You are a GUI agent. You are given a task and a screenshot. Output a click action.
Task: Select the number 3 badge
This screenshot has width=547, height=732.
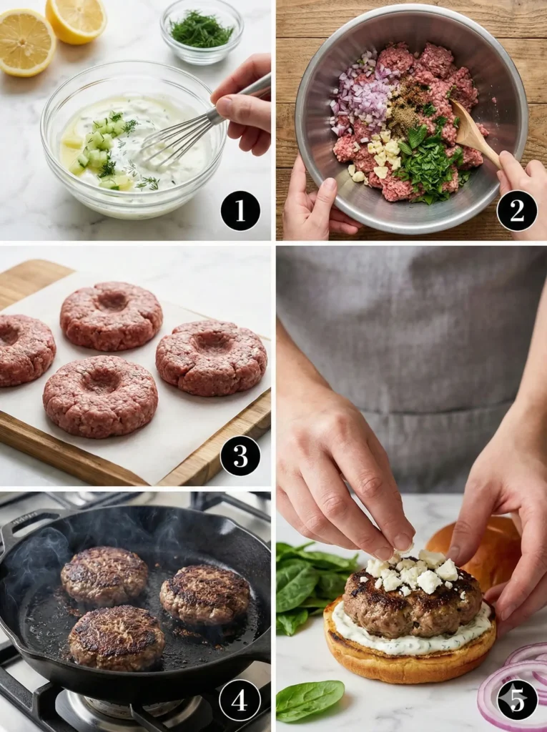240,455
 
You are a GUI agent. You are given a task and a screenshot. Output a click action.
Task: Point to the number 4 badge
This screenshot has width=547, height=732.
240,699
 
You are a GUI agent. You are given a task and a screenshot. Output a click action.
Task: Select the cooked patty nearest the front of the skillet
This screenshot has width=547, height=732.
117,637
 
